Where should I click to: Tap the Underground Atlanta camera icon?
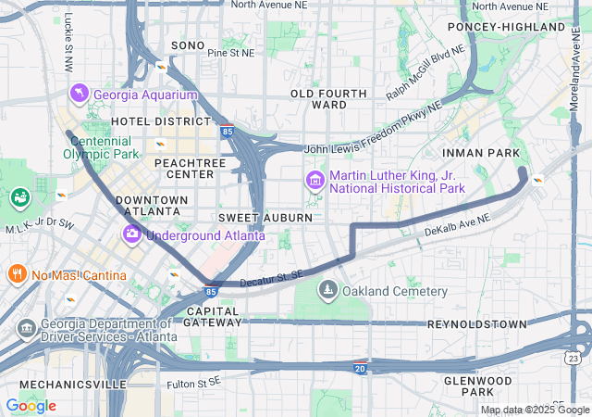pos(132,234)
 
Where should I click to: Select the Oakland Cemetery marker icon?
pos(327,292)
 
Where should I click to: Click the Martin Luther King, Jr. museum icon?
pos(314,179)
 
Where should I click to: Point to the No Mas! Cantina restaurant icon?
pos(17,273)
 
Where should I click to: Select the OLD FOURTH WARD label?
pos(318,99)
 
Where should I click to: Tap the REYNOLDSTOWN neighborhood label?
pos(476,324)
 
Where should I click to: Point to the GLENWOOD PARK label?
pos(478,387)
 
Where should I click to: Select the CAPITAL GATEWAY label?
pos(213,316)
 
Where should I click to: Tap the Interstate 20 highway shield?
pos(360,368)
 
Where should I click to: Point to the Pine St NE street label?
pos(230,54)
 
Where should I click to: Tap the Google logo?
pos(31,406)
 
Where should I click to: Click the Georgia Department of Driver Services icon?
pos(26,329)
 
